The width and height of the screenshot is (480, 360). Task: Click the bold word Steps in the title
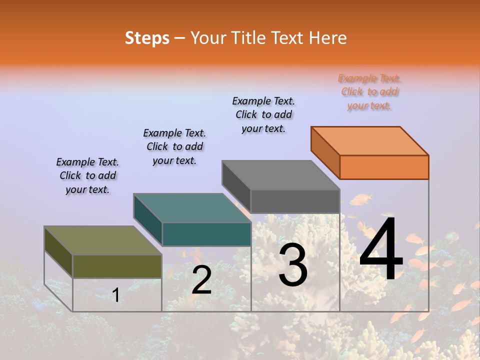coord(147,38)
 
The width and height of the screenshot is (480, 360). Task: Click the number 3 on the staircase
coord(293,265)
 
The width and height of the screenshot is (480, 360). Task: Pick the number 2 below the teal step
coord(201,280)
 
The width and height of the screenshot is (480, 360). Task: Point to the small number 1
coord(116,295)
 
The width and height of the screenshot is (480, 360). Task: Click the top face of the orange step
coord(370,140)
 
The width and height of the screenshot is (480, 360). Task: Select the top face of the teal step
coord(192,208)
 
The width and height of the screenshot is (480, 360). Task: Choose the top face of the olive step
coord(103,240)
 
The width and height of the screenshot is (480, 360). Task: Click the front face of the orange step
coord(384,167)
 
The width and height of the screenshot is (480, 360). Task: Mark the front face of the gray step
coord(295,201)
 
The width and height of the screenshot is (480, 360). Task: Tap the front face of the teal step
coord(206,234)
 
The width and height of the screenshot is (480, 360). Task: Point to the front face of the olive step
coord(117,266)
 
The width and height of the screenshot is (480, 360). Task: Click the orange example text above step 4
coord(369,92)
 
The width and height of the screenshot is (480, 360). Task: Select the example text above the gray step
coord(263,114)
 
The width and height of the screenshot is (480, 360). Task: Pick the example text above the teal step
coord(174,146)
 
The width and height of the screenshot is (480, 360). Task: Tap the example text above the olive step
coord(87,175)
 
